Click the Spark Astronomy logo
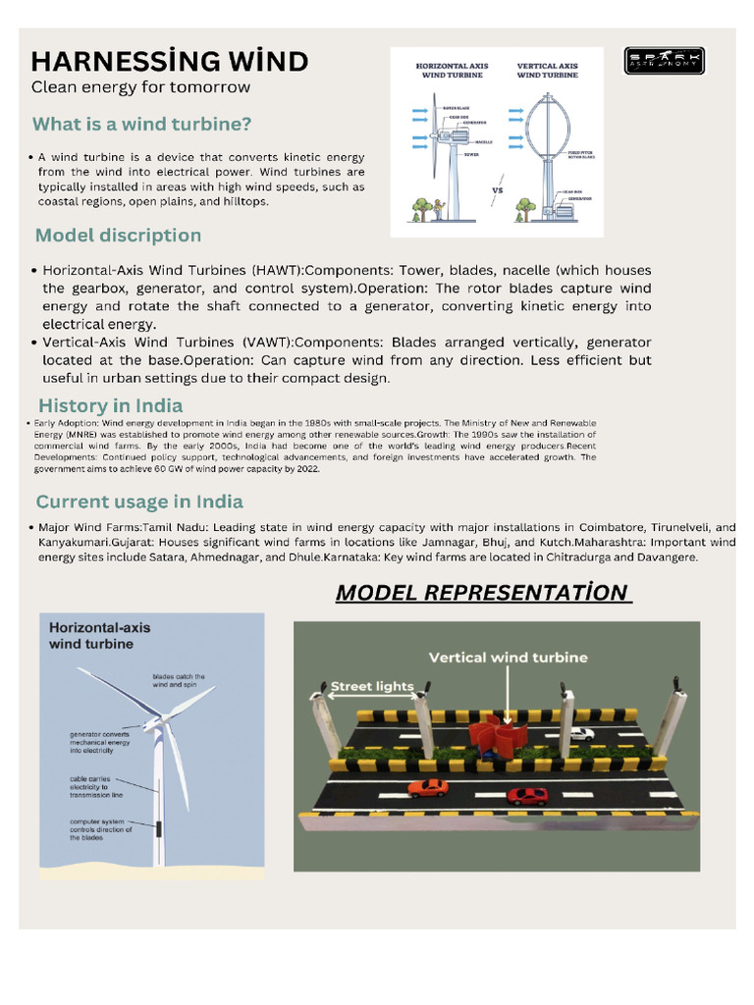coord(663,61)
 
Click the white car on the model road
coord(582,733)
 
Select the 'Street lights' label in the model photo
coord(372,687)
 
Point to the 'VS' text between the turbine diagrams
coord(497,190)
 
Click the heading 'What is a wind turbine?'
coord(142,125)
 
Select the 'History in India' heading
coord(110,405)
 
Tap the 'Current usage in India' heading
coord(139,502)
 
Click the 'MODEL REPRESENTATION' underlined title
coord(480,593)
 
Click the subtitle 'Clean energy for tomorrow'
coord(140,87)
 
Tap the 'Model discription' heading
coord(118,236)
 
